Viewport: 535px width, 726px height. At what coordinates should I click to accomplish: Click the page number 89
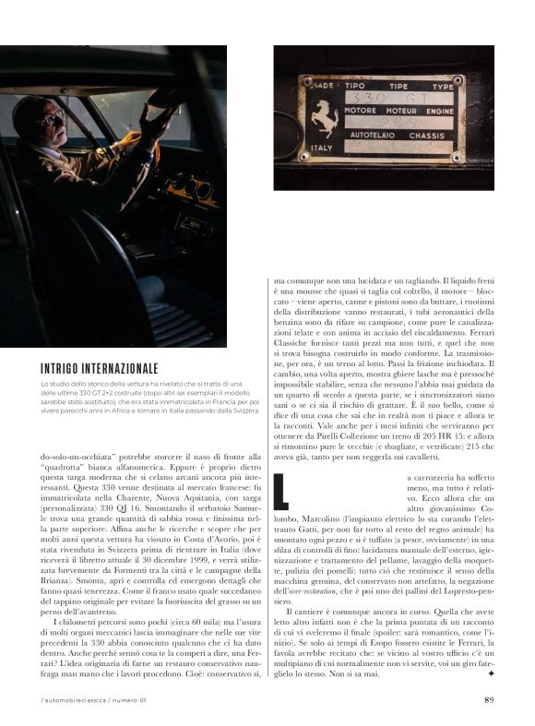[489, 698]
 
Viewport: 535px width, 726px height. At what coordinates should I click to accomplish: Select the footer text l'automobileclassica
[74, 699]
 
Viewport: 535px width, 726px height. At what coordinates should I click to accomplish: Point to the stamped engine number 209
[385, 120]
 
